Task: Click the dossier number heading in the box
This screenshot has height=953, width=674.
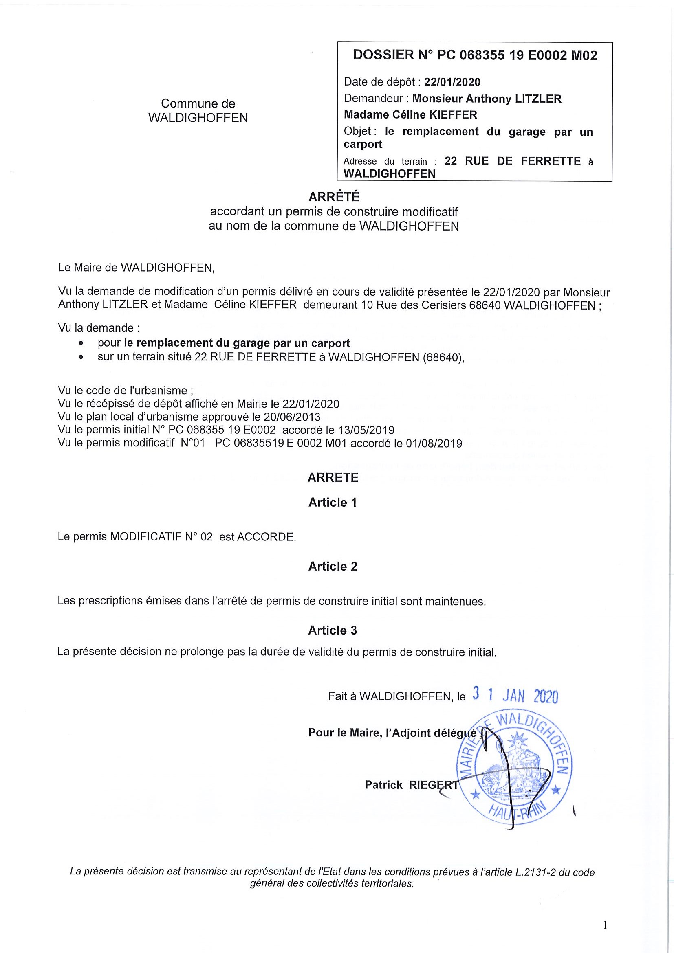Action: [475, 55]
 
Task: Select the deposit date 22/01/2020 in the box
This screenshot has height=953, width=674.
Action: [452, 82]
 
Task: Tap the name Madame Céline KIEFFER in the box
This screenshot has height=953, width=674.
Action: [410, 115]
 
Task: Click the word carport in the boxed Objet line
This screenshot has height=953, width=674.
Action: [363, 145]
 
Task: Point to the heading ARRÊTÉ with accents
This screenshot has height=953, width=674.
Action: [333, 197]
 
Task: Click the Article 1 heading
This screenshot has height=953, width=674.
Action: [333, 503]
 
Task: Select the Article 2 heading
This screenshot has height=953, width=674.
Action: [333, 567]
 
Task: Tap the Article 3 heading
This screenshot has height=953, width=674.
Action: [333, 630]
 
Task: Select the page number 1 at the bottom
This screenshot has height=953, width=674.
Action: [605, 925]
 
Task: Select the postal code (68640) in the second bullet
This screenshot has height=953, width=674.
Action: [443, 358]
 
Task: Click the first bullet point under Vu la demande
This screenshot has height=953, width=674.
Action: [81, 344]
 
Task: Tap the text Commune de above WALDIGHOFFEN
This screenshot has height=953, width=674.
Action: [198, 103]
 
